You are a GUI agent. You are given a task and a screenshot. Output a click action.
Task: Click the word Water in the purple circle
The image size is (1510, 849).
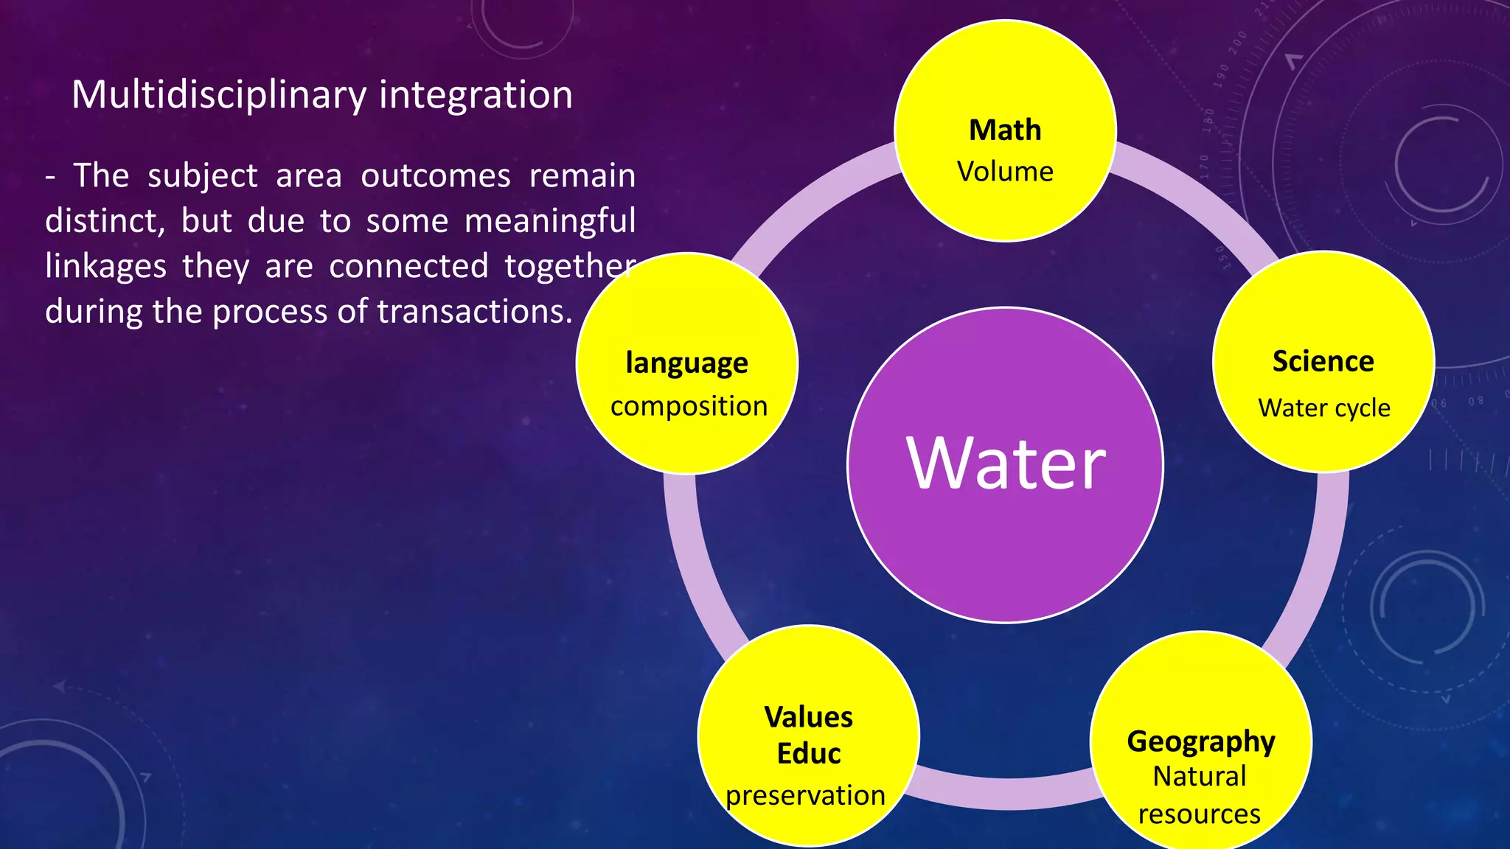coord(1006,464)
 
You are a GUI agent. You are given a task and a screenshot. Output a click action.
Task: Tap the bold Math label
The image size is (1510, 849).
coord(1005,130)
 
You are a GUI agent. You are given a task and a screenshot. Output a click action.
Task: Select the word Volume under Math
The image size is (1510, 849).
coord(1005,172)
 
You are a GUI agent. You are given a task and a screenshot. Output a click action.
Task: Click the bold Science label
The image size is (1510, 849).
coord(1323,362)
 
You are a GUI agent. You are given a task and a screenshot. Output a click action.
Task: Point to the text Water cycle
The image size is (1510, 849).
coord(1323,408)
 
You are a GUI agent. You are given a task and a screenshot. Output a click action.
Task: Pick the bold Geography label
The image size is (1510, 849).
coord(1200,741)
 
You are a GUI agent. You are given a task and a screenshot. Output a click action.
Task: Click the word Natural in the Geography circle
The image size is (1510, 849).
coord(1199,776)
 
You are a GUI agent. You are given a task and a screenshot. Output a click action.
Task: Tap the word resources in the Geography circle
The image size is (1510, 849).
coord(1199,814)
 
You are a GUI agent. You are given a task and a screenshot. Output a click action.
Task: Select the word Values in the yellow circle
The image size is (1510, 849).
coord(808,717)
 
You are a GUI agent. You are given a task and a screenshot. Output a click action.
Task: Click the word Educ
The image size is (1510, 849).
coord(808,754)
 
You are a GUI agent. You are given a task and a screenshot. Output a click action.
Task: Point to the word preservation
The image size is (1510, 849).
coord(805,796)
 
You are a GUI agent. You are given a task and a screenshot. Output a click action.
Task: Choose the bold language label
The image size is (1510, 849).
coord(686,364)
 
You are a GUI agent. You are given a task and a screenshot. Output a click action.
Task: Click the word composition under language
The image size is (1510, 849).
coord(689,406)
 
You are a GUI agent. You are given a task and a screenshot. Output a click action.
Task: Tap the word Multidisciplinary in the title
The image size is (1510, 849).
coord(219,96)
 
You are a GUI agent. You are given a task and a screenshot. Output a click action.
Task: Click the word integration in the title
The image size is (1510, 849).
coord(476,96)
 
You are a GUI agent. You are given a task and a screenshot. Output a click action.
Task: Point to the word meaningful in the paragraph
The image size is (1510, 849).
coord(549,222)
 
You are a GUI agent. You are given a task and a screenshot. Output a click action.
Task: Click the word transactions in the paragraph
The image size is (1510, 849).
coord(474,312)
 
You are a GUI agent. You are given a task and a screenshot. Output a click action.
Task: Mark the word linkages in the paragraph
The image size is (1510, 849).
coord(105,267)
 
